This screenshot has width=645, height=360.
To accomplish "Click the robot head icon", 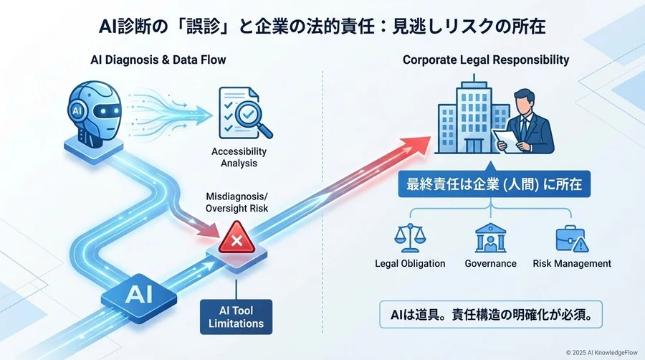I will (96, 115).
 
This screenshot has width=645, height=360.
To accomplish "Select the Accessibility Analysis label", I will (239, 157).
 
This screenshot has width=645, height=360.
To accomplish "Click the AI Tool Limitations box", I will (236, 317).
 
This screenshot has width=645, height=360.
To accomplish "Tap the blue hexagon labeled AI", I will (138, 294).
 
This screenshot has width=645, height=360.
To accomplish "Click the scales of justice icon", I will (410, 239).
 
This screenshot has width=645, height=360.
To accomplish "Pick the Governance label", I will (490, 263).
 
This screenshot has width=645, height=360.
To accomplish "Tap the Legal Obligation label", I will (410, 263).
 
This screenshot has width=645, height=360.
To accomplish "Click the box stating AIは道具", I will (490, 314).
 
